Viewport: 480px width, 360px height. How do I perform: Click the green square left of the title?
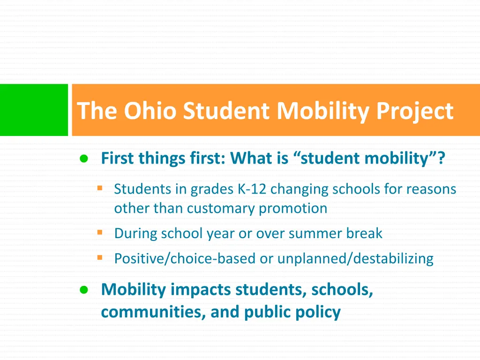tap(34, 110)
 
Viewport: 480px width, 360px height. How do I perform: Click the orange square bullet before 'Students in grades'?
tap(99, 188)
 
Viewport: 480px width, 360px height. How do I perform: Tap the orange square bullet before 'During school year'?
tap(99, 232)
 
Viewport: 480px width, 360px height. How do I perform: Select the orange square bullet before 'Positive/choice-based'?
tap(99, 257)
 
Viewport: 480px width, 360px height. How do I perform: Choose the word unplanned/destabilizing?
tap(355, 258)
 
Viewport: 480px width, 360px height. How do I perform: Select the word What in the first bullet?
tap(252, 158)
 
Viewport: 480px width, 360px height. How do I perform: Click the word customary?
tap(222, 208)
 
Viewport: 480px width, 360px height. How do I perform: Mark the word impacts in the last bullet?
tap(201, 290)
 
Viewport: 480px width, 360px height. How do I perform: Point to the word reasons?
tap(431, 189)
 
